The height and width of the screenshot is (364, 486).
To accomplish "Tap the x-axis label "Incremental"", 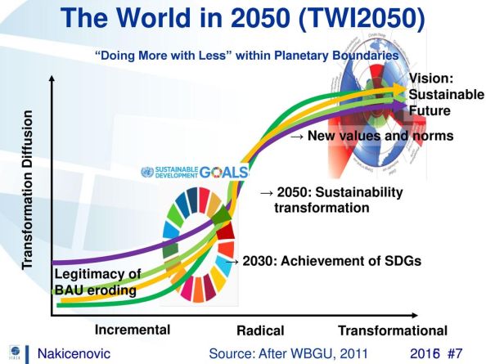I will click(x=133, y=330).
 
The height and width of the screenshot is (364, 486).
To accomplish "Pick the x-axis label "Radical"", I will click(x=259, y=330).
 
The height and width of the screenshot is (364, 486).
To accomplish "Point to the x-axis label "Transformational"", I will click(x=393, y=330).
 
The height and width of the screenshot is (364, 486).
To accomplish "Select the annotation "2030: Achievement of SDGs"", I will click(x=326, y=261).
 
